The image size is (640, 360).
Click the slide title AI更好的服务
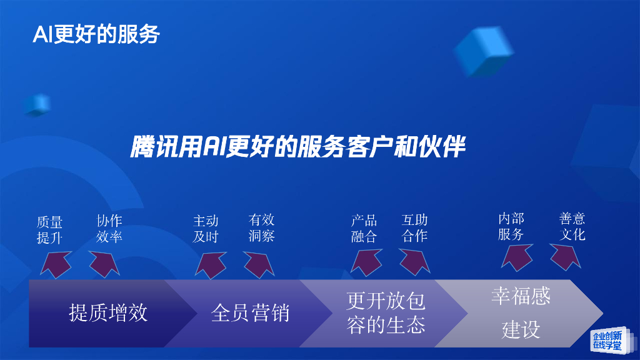click(x=96, y=34)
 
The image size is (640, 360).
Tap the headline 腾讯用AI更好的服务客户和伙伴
click(x=298, y=147)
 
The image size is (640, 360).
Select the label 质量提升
click(x=50, y=229)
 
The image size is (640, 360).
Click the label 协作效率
click(x=109, y=228)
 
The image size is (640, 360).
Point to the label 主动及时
click(x=206, y=228)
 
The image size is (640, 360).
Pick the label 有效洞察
click(x=261, y=227)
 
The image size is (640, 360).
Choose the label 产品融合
click(x=364, y=228)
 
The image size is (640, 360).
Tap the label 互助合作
click(x=414, y=227)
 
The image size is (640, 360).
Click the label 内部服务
click(x=511, y=226)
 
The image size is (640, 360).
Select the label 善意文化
click(x=572, y=226)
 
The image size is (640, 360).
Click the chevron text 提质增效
click(x=108, y=312)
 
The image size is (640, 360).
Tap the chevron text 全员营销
click(x=250, y=312)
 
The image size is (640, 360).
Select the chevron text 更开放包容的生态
click(x=386, y=313)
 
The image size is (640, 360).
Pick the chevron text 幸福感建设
click(x=521, y=312)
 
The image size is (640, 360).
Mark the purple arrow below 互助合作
click(x=415, y=261)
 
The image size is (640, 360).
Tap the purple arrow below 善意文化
click(x=566, y=256)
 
